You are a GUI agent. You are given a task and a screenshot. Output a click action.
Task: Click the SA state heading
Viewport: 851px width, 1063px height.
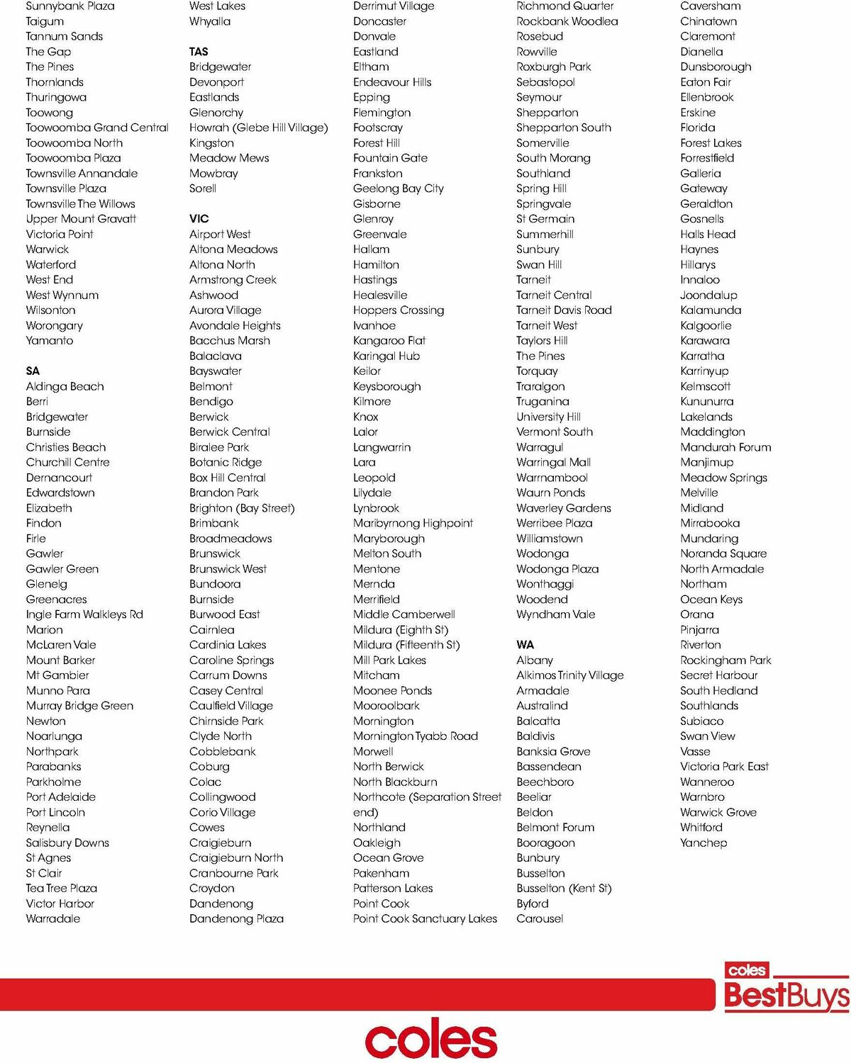click(33, 371)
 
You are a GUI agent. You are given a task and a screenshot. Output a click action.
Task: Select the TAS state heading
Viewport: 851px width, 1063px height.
click(199, 52)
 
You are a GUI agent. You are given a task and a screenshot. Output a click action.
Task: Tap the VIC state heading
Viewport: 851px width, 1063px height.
click(199, 219)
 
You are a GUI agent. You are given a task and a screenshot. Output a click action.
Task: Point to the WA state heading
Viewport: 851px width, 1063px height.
click(525, 645)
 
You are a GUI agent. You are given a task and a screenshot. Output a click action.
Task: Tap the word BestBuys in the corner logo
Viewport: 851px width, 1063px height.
click(786, 995)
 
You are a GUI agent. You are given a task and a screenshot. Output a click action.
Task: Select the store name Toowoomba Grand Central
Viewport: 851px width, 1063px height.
click(97, 128)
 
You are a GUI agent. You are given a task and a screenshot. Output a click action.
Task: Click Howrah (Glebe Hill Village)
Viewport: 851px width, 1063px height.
click(258, 128)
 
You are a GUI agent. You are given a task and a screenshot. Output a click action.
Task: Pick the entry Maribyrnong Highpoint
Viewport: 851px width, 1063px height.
click(413, 523)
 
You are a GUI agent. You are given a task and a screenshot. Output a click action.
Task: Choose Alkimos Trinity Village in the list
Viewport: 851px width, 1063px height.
click(570, 675)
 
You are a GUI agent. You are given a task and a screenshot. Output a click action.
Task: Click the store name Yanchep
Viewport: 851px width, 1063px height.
click(703, 843)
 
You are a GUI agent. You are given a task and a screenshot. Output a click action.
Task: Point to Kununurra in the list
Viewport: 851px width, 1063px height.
click(707, 401)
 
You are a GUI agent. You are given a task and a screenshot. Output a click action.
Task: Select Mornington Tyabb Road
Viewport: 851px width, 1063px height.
click(416, 736)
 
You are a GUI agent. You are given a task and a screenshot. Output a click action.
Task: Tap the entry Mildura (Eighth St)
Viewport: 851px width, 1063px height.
click(401, 629)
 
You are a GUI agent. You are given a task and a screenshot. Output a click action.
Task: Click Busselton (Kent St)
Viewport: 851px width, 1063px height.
click(564, 888)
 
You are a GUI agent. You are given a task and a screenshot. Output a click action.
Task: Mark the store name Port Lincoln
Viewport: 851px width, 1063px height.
click(55, 812)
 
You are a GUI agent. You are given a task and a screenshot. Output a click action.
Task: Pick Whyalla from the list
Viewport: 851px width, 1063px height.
click(210, 21)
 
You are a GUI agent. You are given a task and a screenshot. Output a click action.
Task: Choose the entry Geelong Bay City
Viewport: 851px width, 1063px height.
click(399, 189)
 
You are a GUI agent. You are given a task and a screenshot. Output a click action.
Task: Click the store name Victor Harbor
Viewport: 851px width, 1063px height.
click(60, 904)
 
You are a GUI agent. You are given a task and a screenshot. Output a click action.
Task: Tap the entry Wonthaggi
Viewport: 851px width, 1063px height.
click(545, 584)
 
